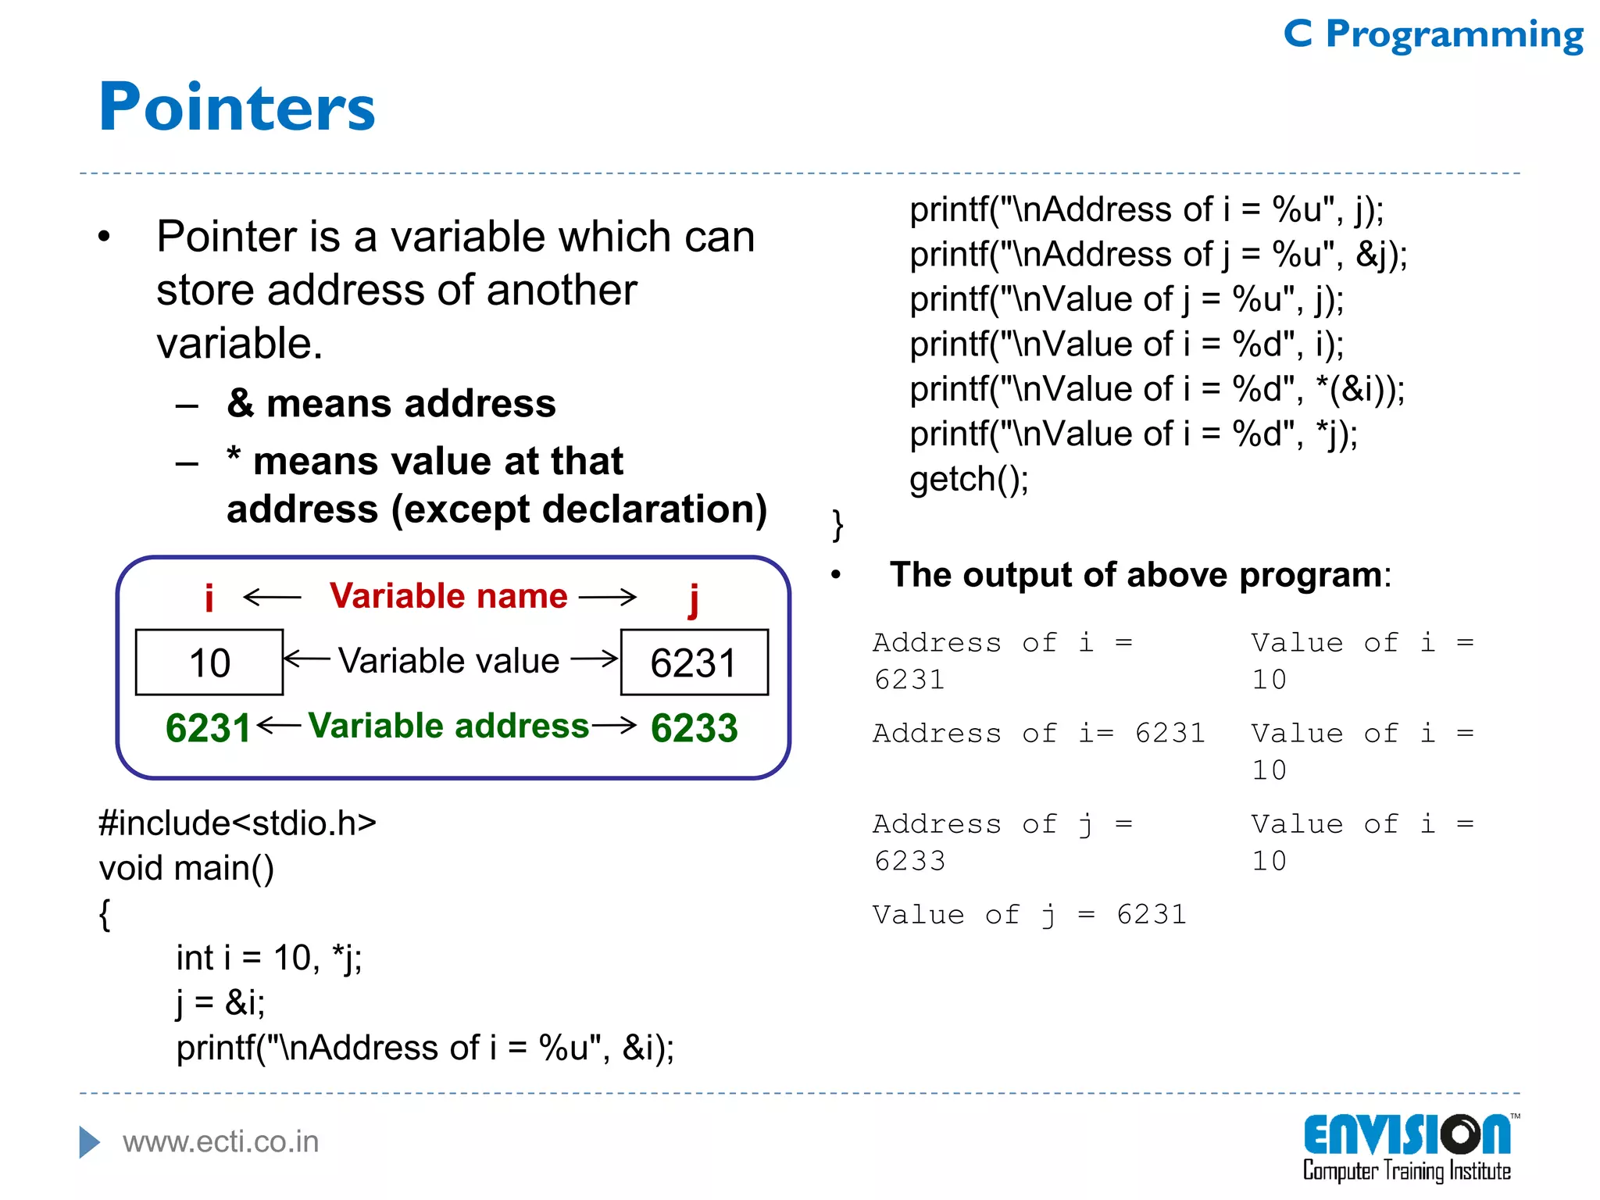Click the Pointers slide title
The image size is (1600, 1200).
pyautogui.click(x=237, y=107)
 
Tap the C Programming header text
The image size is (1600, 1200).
pyautogui.click(x=1433, y=34)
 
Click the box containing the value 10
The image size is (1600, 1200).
pyautogui.click(x=209, y=662)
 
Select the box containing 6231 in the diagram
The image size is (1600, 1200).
pyautogui.click(x=694, y=662)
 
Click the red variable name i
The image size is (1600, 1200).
pyautogui.click(x=209, y=598)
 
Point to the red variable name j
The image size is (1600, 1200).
pyautogui.click(x=693, y=599)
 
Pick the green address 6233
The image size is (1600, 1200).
pyautogui.click(x=694, y=728)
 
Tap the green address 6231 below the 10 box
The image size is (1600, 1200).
pyautogui.click(x=208, y=728)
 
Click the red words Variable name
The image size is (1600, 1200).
pyautogui.click(x=448, y=596)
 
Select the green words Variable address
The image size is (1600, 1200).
pyautogui.click(x=448, y=726)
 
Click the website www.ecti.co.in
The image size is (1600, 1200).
pyautogui.click(x=220, y=1142)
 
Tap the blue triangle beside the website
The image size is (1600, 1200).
pyautogui.click(x=89, y=1142)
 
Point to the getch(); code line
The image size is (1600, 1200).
pyautogui.click(x=969, y=480)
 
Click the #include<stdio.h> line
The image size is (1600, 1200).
pyautogui.click(x=237, y=823)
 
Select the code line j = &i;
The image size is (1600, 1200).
pyautogui.click(x=220, y=1003)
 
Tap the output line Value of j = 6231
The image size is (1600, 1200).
pyautogui.click(x=1029, y=914)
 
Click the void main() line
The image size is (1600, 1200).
pyautogui.click(x=187, y=868)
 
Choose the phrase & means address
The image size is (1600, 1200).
pyautogui.click(x=391, y=404)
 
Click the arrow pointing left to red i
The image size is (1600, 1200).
pyautogui.click(x=272, y=598)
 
